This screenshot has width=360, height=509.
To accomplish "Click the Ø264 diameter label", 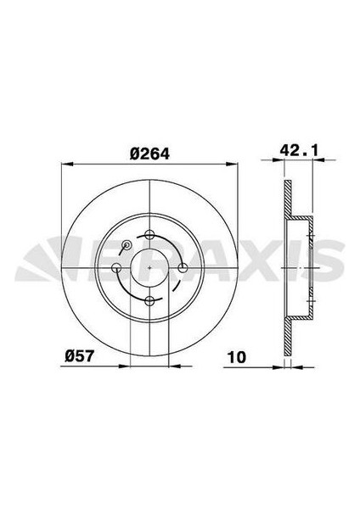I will (x=147, y=154).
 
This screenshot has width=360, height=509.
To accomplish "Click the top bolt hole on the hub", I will (x=150, y=235).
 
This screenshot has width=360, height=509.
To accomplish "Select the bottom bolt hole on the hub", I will (x=150, y=301).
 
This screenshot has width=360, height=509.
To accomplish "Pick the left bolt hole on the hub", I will (x=117, y=268).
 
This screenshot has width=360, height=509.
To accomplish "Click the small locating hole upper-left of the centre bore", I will (x=127, y=246).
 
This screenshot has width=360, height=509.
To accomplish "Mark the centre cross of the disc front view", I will (x=150, y=268).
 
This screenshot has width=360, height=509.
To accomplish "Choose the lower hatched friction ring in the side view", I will (x=286, y=336).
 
